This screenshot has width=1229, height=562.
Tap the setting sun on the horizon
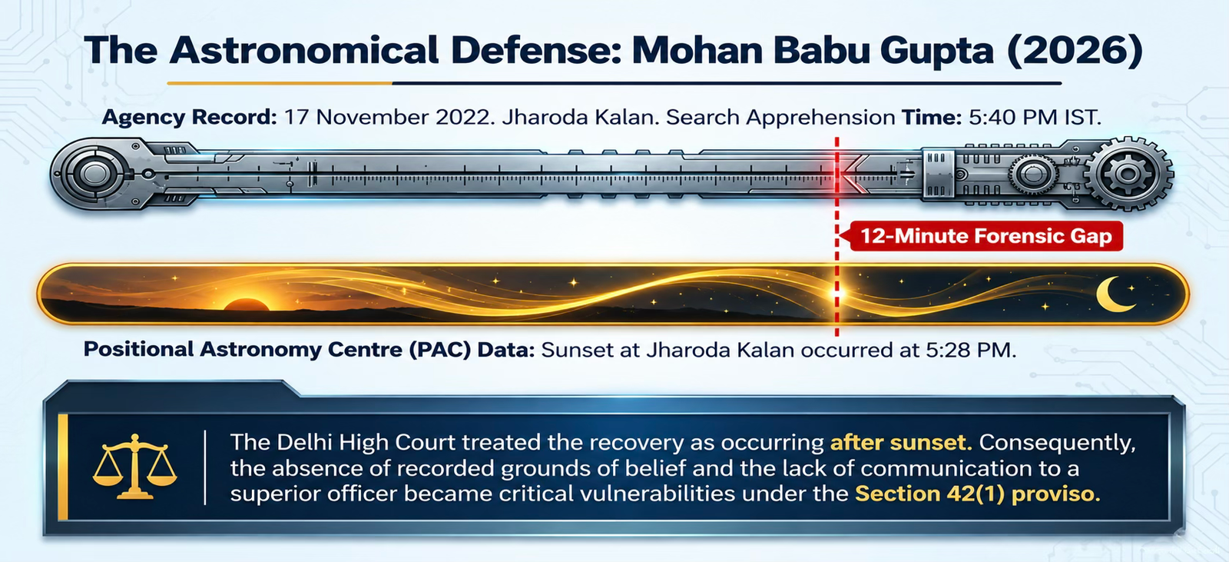point(246,304)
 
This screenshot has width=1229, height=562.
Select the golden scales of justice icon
point(134,467)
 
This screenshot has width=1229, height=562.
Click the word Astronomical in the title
point(304,51)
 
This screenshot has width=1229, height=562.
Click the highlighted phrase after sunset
point(901,442)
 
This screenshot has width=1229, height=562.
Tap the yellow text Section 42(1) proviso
point(978,494)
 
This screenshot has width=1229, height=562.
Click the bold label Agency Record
point(189,118)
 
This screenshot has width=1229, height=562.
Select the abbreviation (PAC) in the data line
point(439,350)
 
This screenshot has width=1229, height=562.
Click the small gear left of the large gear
point(1033,175)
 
